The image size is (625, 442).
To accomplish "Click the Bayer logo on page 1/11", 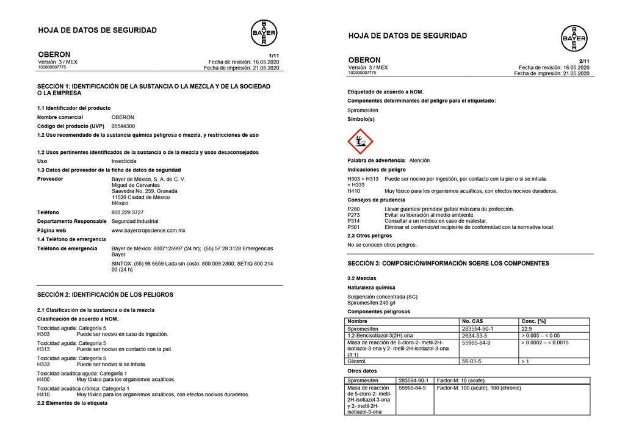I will (x=264, y=32).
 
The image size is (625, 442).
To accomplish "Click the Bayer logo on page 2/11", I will (x=574, y=38).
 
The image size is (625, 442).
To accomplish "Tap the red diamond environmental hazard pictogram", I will (x=359, y=142).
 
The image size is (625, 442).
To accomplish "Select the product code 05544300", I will (x=123, y=126).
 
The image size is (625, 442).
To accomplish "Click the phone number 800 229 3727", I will (x=128, y=212).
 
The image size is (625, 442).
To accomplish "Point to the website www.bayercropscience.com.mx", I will (x=148, y=230).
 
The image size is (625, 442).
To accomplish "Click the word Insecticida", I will (x=124, y=161).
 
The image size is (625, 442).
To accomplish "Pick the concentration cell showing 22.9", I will (x=527, y=328).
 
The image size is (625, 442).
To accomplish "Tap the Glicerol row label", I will (x=356, y=361).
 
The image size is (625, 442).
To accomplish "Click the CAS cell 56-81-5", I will (x=471, y=361).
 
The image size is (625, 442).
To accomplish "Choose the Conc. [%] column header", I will (x=533, y=321).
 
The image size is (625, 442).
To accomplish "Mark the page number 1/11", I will (x=273, y=56).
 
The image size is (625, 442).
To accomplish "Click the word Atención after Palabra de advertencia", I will (x=419, y=161).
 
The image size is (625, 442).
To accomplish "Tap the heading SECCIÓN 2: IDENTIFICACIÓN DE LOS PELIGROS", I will (x=105, y=294).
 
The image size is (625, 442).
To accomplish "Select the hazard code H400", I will (x=43, y=379).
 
